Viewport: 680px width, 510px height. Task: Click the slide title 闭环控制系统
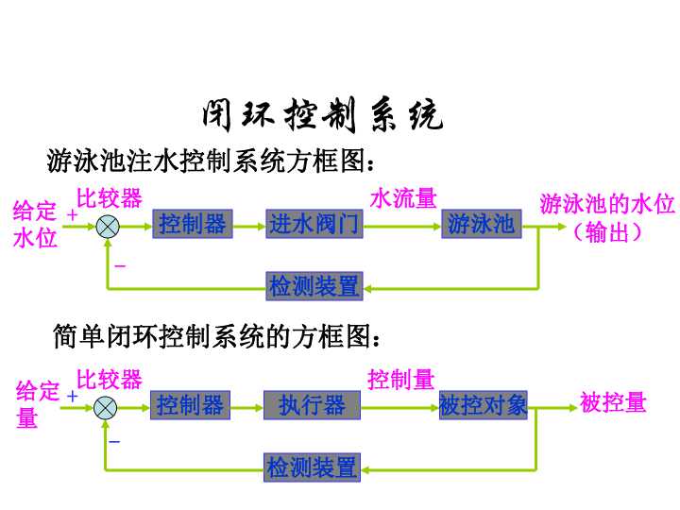tap(321, 116)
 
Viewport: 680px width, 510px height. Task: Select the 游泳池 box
tap(482, 225)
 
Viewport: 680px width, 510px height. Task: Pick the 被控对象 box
tap(483, 406)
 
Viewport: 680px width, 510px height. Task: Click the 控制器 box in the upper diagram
tap(193, 225)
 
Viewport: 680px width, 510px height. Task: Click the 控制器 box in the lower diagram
tap(191, 406)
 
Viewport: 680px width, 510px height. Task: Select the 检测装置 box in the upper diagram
tap(314, 285)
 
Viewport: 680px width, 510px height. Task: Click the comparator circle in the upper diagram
tap(108, 226)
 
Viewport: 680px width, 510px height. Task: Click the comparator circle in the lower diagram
tap(106, 407)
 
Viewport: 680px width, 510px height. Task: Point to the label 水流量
tap(403, 198)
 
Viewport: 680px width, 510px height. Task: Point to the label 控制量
tap(400, 380)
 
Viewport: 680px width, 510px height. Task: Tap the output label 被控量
tap(613, 403)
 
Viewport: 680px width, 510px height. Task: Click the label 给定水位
tap(35, 225)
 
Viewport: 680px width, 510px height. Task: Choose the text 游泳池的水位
tap(607, 204)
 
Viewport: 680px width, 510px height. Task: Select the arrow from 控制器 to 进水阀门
tap(249, 226)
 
